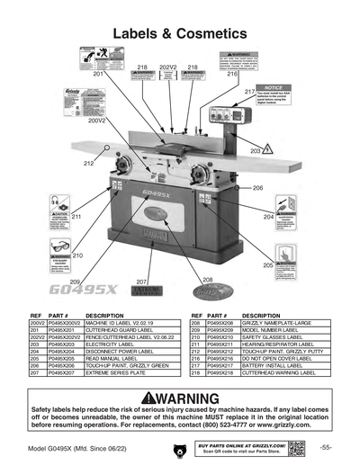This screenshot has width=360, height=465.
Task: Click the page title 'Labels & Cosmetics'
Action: (180, 34)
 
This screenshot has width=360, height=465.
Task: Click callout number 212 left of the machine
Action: (89, 164)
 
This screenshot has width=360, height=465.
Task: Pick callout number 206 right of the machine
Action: (257, 188)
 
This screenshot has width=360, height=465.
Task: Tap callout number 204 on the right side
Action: (268, 218)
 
